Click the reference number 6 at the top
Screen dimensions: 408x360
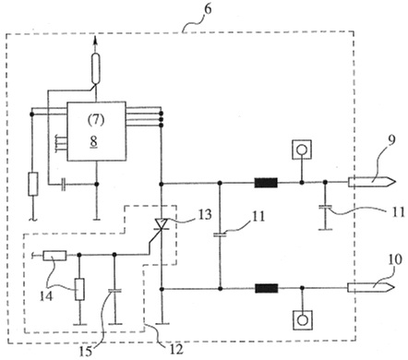[x=208, y=9]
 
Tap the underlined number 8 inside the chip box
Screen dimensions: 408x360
[x=94, y=141]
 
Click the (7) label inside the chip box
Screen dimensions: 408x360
[x=96, y=119]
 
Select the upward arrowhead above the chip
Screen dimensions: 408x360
[x=95, y=40]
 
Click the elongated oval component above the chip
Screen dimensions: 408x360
[x=96, y=68]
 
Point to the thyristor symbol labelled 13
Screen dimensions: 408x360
[x=161, y=224]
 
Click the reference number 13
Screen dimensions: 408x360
[x=205, y=214]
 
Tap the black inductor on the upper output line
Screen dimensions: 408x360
[x=266, y=183]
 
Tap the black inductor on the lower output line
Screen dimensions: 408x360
[x=267, y=288]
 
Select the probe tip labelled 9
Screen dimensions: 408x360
[x=371, y=182]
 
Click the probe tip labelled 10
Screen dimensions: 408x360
[x=371, y=287]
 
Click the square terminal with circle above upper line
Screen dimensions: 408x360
[x=302, y=150]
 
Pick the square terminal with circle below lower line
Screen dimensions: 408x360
[x=303, y=320]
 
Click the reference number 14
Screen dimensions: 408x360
[x=46, y=296]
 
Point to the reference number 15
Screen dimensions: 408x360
[x=85, y=352]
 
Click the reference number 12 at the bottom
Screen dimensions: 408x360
[x=176, y=349]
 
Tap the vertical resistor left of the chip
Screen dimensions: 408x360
[x=33, y=184]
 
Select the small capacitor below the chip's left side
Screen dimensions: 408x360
[x=63, y=185]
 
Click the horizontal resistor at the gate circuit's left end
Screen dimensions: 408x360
[x=54, y=256]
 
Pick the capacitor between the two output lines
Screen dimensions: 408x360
[x=220, y=235]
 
